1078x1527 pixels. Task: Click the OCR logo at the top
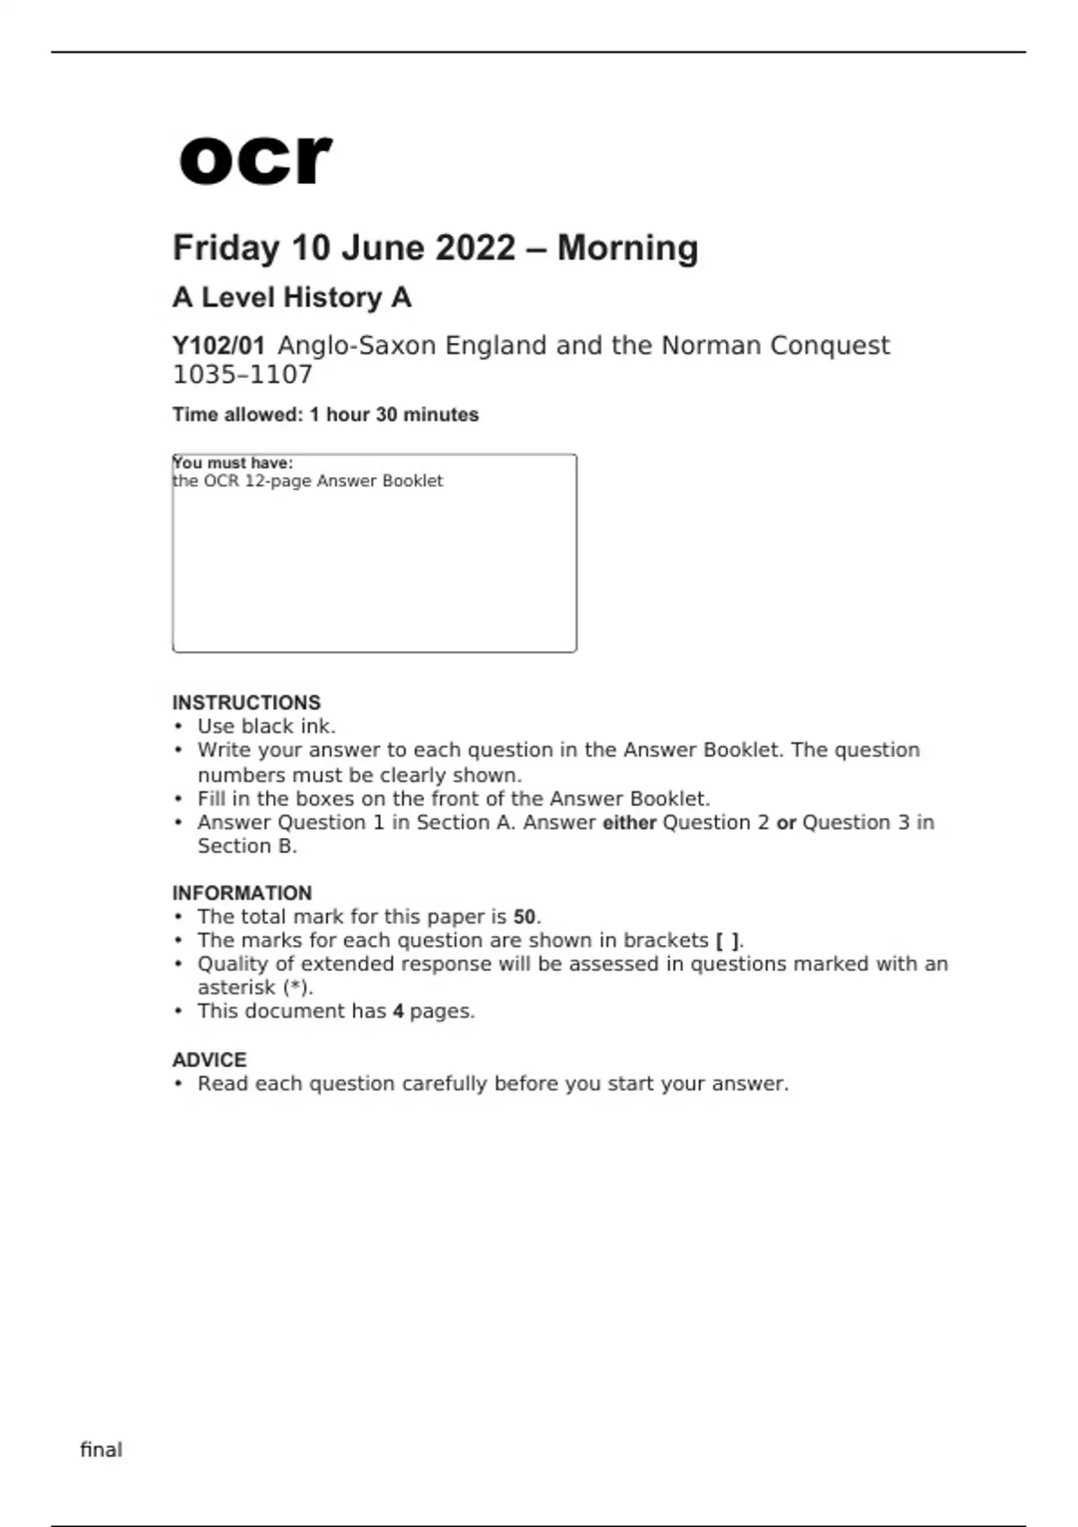click(255, 160)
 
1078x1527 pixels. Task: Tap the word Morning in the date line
click(627, 248)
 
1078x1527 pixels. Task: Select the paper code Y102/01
click(218, 346)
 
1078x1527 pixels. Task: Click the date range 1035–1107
click(242, 375)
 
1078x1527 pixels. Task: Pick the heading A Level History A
click(291, 297)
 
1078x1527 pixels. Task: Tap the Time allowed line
click(325, 415)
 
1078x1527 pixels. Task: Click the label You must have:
click(233, 463)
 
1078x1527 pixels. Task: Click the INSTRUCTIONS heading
click(246, 702)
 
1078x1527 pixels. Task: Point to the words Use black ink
click(266, 727)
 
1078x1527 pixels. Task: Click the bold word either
click(629, 823)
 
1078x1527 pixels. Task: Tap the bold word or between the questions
click(786, 823)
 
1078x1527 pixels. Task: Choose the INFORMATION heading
click(242, 893)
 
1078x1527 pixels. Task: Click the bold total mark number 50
click(525, 917)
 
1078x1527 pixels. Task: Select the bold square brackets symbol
click(728, 940)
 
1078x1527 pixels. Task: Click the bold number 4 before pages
click(398, 1011)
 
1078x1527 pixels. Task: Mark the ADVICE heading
click(209, 1060)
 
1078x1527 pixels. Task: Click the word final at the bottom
click(101, 1450)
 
